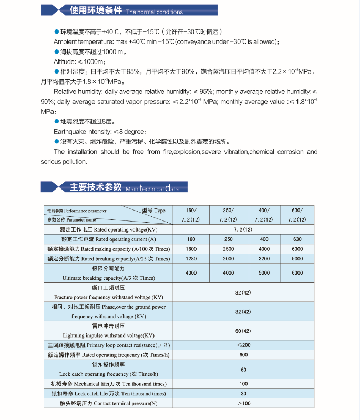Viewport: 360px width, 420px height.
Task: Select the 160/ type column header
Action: (191, 215)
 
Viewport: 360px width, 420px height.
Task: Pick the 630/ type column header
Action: (297, 215)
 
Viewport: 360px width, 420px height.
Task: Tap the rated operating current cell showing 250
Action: (228, 239)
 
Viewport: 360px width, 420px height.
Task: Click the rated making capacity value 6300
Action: (297, 249)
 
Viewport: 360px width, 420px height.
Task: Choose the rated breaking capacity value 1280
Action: (191, 258)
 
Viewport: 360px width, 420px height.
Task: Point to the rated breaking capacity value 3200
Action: (264, 258)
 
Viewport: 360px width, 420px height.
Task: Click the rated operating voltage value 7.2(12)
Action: (243, 230)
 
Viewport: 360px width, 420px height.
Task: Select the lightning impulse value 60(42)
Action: (243, 331)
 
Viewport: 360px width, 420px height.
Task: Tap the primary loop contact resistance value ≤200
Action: (243, 345)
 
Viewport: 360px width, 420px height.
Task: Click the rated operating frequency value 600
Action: (243, 355)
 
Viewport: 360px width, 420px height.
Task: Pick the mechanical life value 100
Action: (243, 384)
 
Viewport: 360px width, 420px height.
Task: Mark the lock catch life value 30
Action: (243, 393)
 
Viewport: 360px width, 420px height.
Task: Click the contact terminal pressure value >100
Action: (243, 403)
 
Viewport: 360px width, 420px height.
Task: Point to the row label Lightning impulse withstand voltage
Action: (108, 335)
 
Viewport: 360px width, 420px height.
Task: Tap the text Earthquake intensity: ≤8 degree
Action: (100, 131)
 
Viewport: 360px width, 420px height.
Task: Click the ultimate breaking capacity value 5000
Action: (264, 273)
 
